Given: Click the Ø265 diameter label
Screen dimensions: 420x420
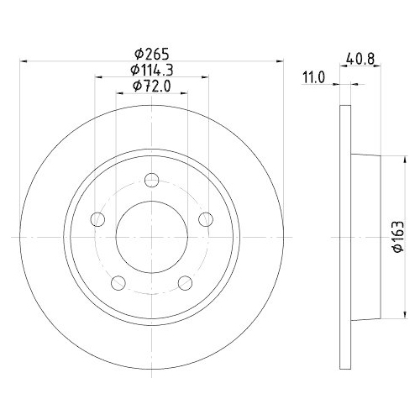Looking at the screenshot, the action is click(x=152, y=54).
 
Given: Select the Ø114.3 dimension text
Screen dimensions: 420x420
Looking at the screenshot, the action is click(x=152, y=70).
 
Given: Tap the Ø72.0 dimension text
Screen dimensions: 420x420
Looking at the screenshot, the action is click(x=152, y=86).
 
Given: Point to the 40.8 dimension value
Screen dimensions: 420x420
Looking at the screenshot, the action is click(x=360, y=59).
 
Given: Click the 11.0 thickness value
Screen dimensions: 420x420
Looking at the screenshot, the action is click(x=313, y=77).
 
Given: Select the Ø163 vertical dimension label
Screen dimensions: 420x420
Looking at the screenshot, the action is click(x=399, y=237).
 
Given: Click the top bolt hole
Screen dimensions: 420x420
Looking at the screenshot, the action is click(x=152, y=180).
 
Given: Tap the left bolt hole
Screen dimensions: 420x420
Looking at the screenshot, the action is click(x=97, y=219).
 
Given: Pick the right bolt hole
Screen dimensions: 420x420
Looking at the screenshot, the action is click(x=206, y=219).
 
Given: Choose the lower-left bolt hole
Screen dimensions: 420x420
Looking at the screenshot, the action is click(x=118, y=283).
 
